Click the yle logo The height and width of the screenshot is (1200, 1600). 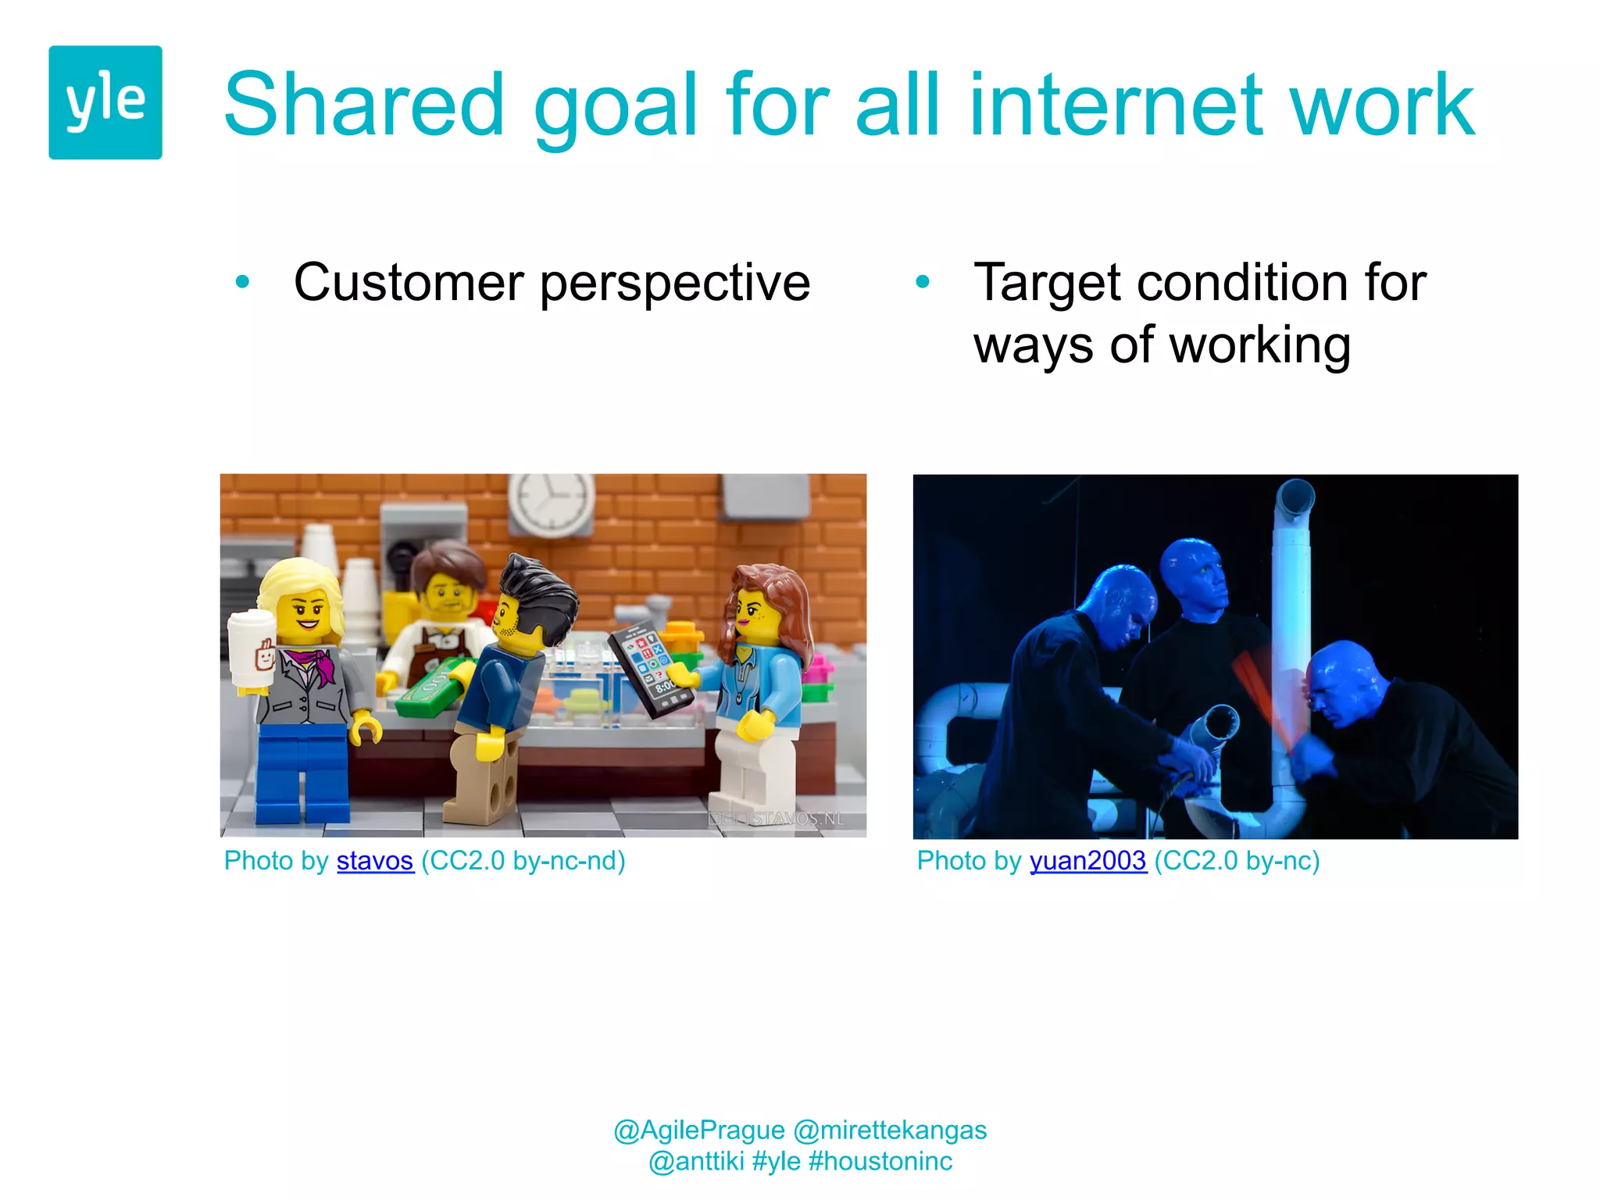pos(105,102)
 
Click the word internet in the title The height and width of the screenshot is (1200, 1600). pos(1116,105)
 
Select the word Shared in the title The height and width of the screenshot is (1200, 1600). pos(364,105)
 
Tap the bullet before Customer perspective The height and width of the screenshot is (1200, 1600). pos(242,281)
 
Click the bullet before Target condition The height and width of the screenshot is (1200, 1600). pos(923,281)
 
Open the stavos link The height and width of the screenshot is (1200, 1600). pos(374,861)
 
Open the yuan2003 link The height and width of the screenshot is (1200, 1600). pos(1087,861)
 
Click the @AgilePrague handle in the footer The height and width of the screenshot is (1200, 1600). pos(698,1130)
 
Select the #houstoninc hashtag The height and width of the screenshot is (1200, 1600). pos(880,1162)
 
